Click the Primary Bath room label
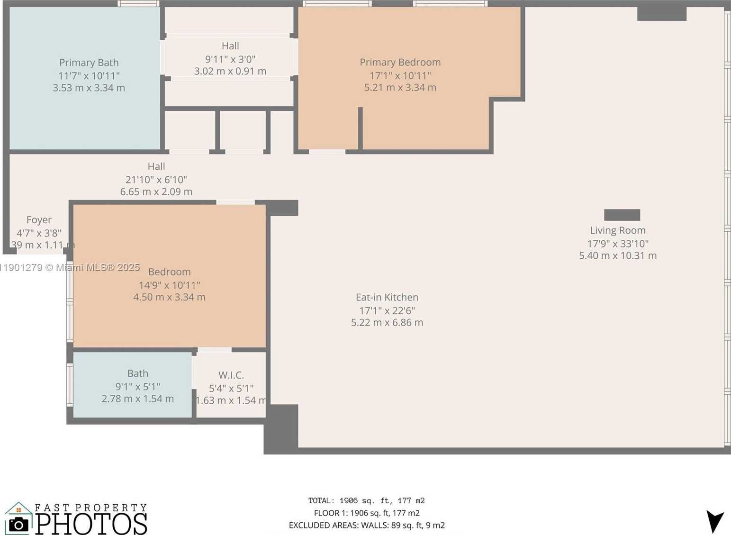coord(89,63)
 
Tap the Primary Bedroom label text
coord(400,62)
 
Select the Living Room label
coord(617,230)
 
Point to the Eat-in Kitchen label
coord(387,297)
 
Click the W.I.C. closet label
coord(231,375)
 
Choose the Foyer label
coord(39,220)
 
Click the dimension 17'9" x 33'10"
coord(617,244)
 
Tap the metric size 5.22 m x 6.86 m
coord(387,323)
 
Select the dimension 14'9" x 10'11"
coord(169,285)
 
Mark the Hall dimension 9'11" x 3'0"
coord(230,59)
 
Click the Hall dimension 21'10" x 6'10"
coord(156,180)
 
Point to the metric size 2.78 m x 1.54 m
coord(137,399)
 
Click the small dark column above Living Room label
coord(622,215)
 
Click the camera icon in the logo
coord(18,524)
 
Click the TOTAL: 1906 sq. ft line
coord(366,500)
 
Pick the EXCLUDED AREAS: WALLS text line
coord(366,525)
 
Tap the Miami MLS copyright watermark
coord(70,267)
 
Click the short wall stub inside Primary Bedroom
coord(360,128)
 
